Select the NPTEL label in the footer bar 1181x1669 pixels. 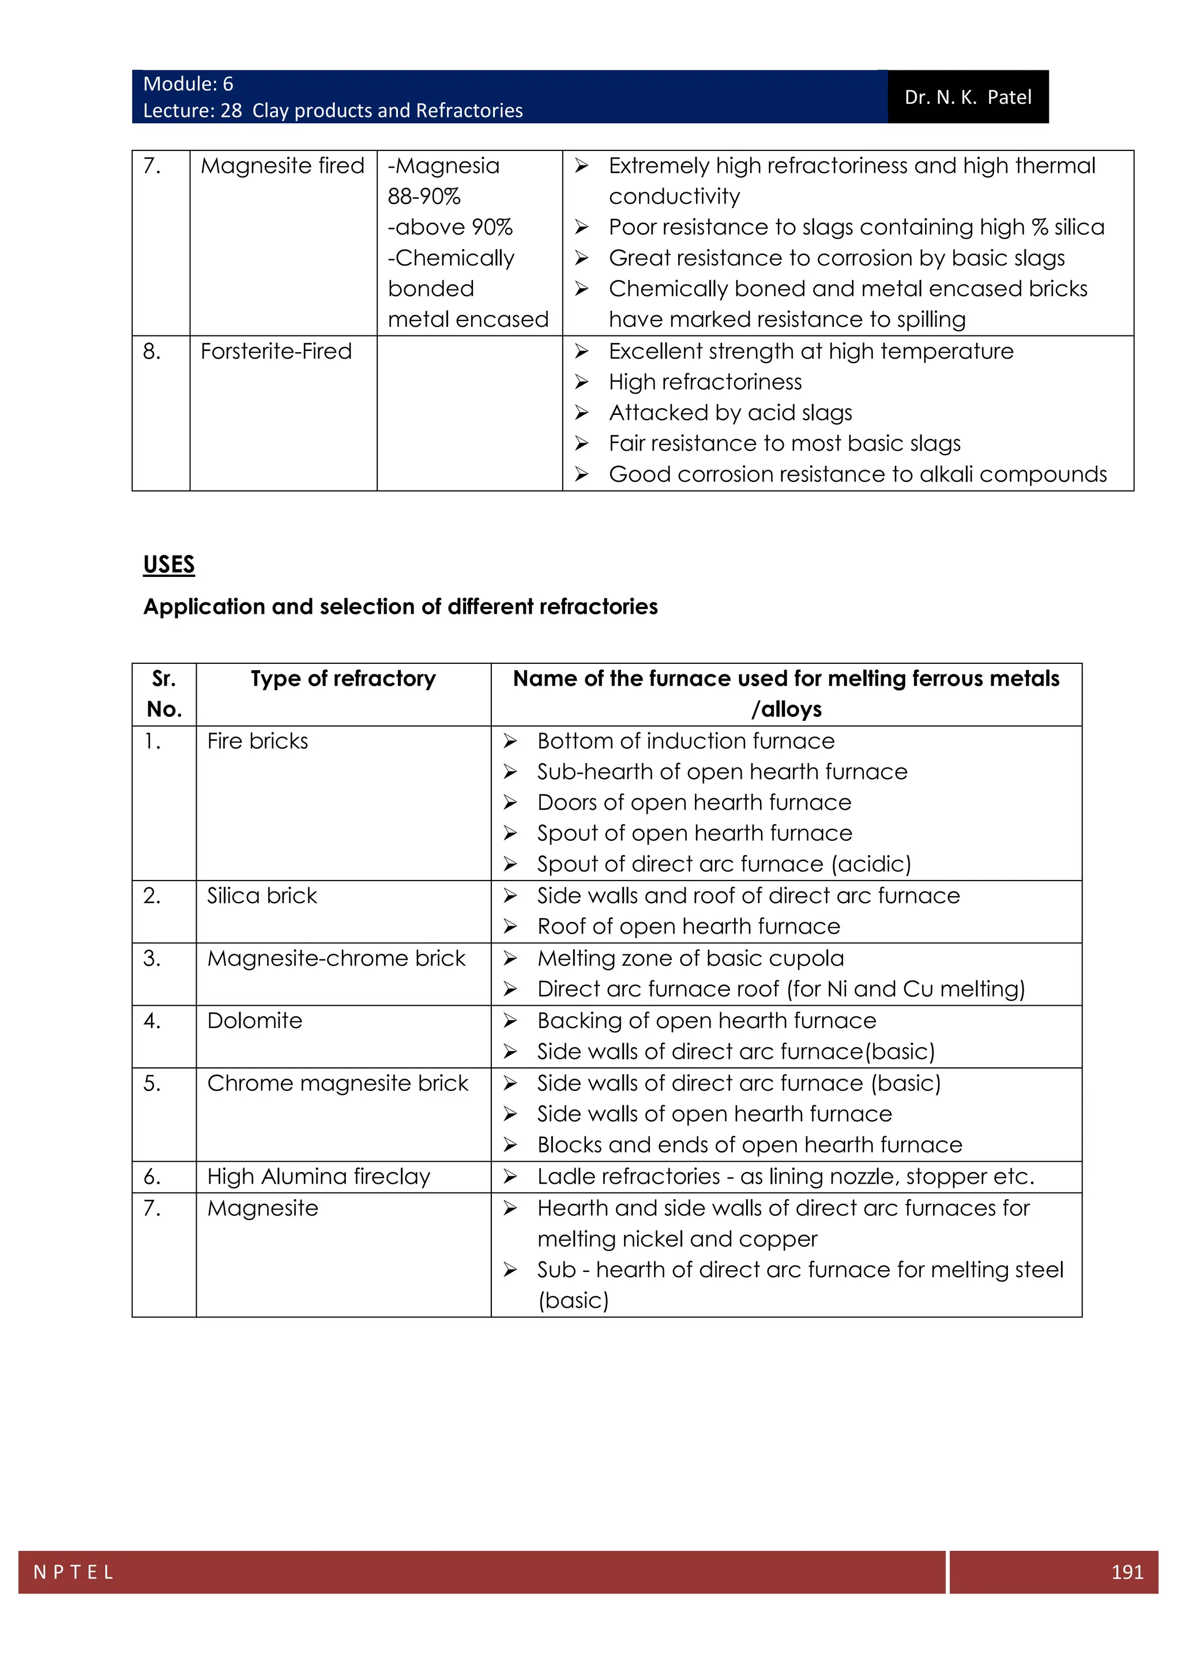tap(73, 1572)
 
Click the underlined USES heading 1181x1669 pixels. tap(169, 564)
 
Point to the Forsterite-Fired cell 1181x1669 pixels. tap(276, 351)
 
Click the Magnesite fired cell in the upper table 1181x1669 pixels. tap(282, 166)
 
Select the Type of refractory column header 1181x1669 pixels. tap(343, 678)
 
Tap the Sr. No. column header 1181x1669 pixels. tap(164, 693)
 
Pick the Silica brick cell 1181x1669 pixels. tap(262, 896)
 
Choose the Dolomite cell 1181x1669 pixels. tap(254, 1021)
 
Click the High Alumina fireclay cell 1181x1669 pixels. tap(318, 1176)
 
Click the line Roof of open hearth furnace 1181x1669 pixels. tap(688, 926)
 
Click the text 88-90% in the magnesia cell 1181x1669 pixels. tap(424, 197)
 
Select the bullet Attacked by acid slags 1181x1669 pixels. tap(730, 412)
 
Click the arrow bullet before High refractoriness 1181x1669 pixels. tap(581, 382)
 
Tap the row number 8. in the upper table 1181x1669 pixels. tap(151, 351)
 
